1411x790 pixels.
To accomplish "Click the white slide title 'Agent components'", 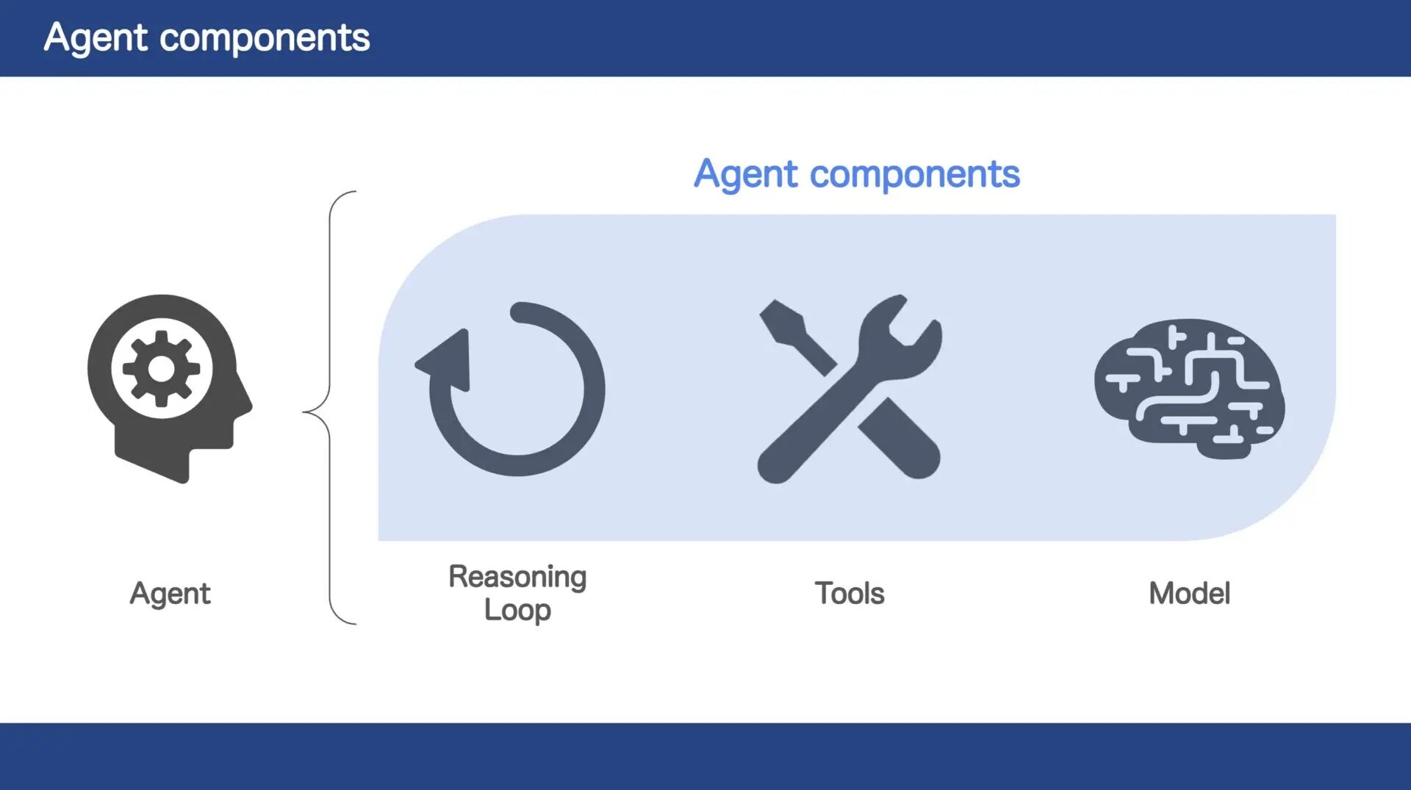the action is coord(207,37).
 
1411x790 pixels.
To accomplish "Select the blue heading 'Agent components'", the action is coord(857,174).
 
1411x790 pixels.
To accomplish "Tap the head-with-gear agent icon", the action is coord(170,389).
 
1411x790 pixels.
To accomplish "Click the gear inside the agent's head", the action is coord(162,369).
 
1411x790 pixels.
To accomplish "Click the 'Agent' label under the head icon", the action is coord(170,594).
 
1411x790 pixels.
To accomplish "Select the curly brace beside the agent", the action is coord(330,408).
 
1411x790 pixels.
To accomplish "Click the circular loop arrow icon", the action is coord(510,389).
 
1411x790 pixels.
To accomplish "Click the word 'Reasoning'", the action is coord(517,577).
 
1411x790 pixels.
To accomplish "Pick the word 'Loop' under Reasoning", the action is coord(517,610).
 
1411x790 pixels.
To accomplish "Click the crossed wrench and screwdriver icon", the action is coord(850,389).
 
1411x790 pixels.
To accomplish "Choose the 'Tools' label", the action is coord(850,594).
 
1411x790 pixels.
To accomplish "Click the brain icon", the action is coord(1189,389).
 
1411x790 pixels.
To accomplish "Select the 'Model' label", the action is coord(1189,594).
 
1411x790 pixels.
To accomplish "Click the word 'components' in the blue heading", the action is coord(915,176).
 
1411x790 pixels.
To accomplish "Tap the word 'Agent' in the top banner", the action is coord(96,38).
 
